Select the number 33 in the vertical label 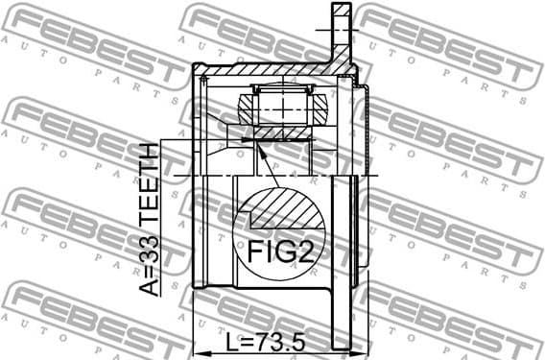[x=149, y=255]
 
